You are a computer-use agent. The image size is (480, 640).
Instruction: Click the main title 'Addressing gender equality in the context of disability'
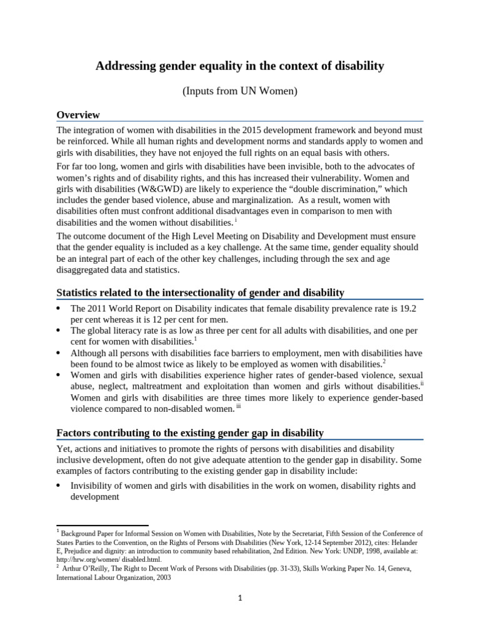click(240, 66)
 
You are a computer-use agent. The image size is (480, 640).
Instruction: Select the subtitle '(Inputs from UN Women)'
click(240, 91)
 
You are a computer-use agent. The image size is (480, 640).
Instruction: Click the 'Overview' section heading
click(78, 115)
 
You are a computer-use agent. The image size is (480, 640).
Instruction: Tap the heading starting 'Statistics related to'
click(200, 292)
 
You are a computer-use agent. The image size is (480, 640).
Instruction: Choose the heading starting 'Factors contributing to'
click(190, 432)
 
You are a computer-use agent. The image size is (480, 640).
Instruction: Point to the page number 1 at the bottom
click(240, 597)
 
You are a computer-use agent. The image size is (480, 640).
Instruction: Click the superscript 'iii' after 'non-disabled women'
click(237, 407)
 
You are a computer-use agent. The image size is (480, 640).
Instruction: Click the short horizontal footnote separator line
click(102, 526)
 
